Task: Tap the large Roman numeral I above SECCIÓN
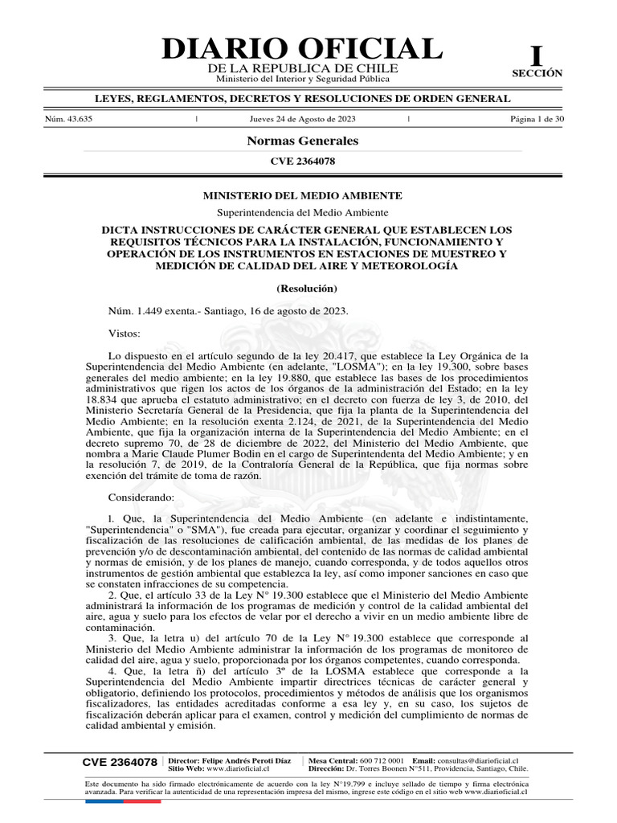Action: coord(537,56)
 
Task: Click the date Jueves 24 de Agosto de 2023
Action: coord(303,119)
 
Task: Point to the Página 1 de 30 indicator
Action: coord(537,119)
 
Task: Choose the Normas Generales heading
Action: coord(302,141)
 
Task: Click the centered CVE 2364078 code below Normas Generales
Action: coord(302,161)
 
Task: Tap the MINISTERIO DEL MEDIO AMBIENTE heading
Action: coord(302,195)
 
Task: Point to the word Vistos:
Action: coord(124,333)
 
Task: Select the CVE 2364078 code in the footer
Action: coord(120,762)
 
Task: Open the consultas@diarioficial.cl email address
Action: coord(477,760)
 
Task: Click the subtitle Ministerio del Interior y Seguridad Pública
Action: coord(303,79)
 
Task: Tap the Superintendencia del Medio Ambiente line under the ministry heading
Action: coord(303,212)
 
